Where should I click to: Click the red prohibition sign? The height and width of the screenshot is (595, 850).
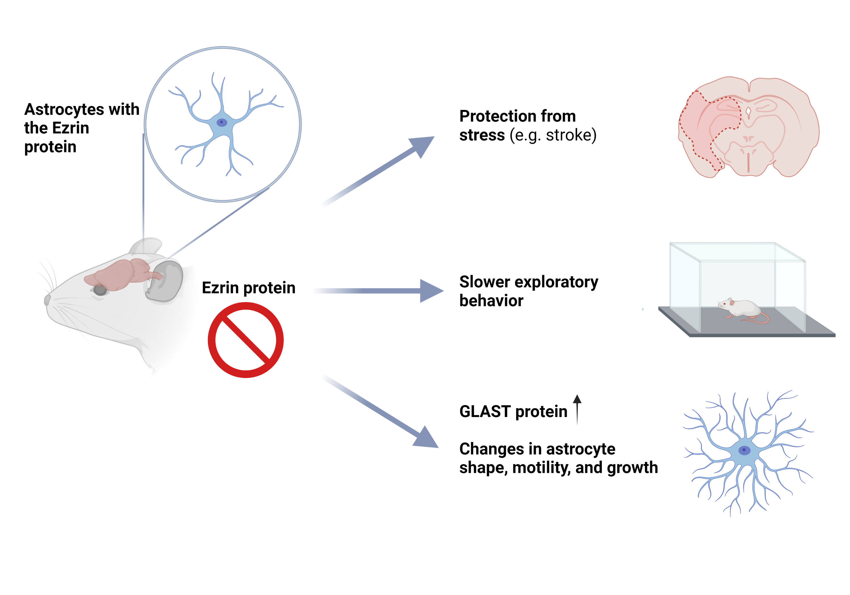coord(245,340)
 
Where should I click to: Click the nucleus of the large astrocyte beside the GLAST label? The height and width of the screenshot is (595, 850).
coord(744,450)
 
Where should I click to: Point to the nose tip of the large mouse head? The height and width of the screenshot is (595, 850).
coord(47,300)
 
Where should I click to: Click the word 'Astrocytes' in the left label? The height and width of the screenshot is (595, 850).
coord(59,110)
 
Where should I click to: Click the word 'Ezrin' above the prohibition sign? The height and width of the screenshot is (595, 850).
coord(220,288)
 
